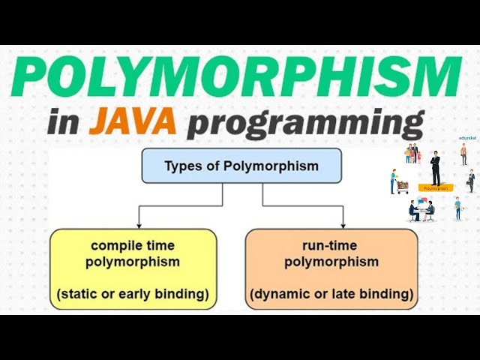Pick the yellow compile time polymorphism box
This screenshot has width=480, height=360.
[133, 268]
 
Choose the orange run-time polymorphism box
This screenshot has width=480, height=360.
[331, 268]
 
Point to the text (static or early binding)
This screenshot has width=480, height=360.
[133, 292]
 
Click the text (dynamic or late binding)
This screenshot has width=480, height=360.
[331, 292]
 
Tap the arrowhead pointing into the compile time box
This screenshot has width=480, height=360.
[139, 224]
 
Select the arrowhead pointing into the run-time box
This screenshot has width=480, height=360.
[343, 224]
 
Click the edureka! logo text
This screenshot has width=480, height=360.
[467, 138]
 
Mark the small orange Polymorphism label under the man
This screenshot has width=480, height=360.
[435, 188]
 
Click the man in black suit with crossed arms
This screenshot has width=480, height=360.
[436, 168]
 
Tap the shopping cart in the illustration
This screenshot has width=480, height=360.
[402, 184]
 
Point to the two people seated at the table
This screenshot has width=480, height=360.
[420, 211]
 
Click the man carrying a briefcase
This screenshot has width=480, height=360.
[471, 181]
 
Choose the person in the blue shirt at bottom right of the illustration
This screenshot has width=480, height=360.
[457, 208]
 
